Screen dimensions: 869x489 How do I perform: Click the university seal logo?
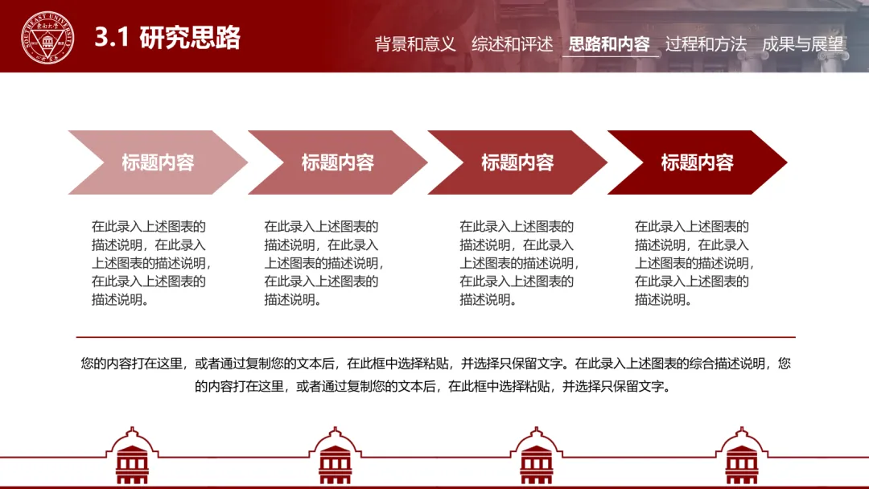[x=47, y=38]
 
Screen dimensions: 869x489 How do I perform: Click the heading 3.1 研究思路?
[x=167, y=38]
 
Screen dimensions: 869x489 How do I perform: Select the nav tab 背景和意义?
[x=415, y=44]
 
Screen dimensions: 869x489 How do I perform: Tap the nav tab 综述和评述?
[x=513, y=44]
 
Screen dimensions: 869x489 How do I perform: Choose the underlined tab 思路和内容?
[x=609, y=44]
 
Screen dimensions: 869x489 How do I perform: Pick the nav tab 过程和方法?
[x=706, y=44]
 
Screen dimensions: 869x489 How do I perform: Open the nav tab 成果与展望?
[x=802, y=44]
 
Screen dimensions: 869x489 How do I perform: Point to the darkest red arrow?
[x=697, y=162]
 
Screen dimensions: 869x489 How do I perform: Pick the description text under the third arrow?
[x=519, y=263]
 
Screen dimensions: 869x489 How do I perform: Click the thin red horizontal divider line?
[x=435, y=337]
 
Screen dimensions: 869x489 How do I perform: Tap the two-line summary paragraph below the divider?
[x=435, y=375]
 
